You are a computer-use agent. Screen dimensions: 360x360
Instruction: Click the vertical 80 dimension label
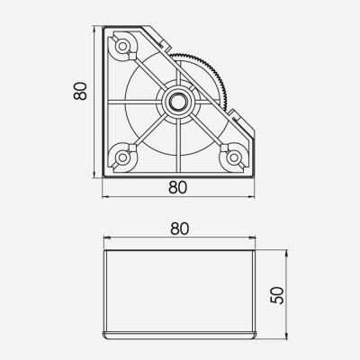[80, 92]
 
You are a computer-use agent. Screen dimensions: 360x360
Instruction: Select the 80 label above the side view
[180, 229]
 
